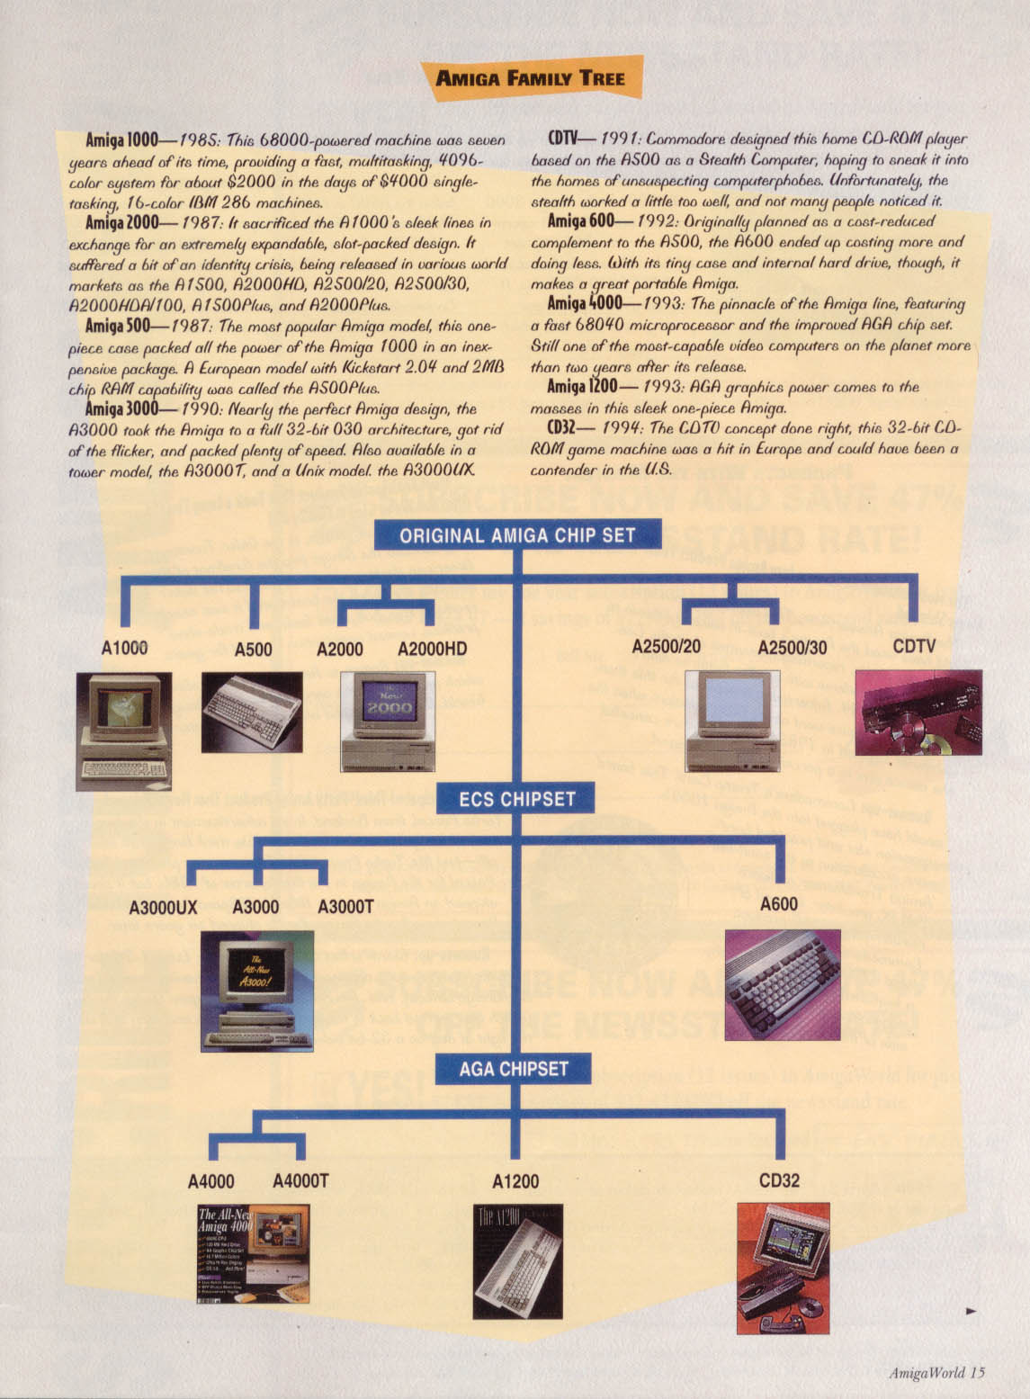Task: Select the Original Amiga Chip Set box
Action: click(x=517, y=535)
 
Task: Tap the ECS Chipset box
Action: click(x=516, y=798)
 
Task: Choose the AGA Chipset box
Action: click(x=514, y=1069)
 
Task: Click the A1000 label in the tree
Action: click(x=124, y=648)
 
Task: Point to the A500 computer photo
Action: click(x=251, y=712)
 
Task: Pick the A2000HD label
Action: click(x=432, y=649)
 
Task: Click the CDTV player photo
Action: click(x=918, y=712)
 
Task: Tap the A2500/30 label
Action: click(x=792, y=648)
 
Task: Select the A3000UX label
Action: click(x=163, y=907)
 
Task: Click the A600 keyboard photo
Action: click(x=783, y=984)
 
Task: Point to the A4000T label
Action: click(x=300, y=1180)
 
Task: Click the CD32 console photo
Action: click(x=783, y=1268)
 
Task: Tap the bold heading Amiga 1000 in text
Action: click(x=121, y=140)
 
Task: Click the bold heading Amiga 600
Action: click(x=580, y=221)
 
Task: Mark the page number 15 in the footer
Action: click(x=978, y=1372)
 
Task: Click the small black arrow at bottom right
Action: click(x=971, y=1312)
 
